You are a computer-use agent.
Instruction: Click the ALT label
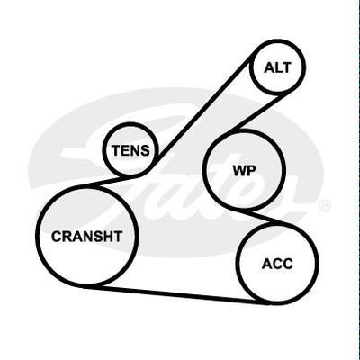[x=277, y=67]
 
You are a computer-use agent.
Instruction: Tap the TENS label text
[x=130, y=150]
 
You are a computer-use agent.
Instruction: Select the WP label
[x=245, y=171]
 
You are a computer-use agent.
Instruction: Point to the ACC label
[x=277, y=264]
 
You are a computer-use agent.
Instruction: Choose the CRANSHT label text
[x=86, y=237]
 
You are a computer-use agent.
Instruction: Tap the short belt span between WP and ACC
[x=262, y=218]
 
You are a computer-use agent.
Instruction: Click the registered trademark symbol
[x=324, y=206]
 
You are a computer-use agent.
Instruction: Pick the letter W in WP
[x=239, y=171]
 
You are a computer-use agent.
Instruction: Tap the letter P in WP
[x=252, y=171]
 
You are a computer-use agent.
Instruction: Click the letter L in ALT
[x=278, y=67]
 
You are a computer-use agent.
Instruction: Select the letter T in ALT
[x=286, y=67]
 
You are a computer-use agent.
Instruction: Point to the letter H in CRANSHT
[x=108, y=237]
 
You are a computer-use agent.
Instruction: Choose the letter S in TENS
[x=144, y=150]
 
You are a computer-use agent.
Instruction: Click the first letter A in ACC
[x=266, y=264]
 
